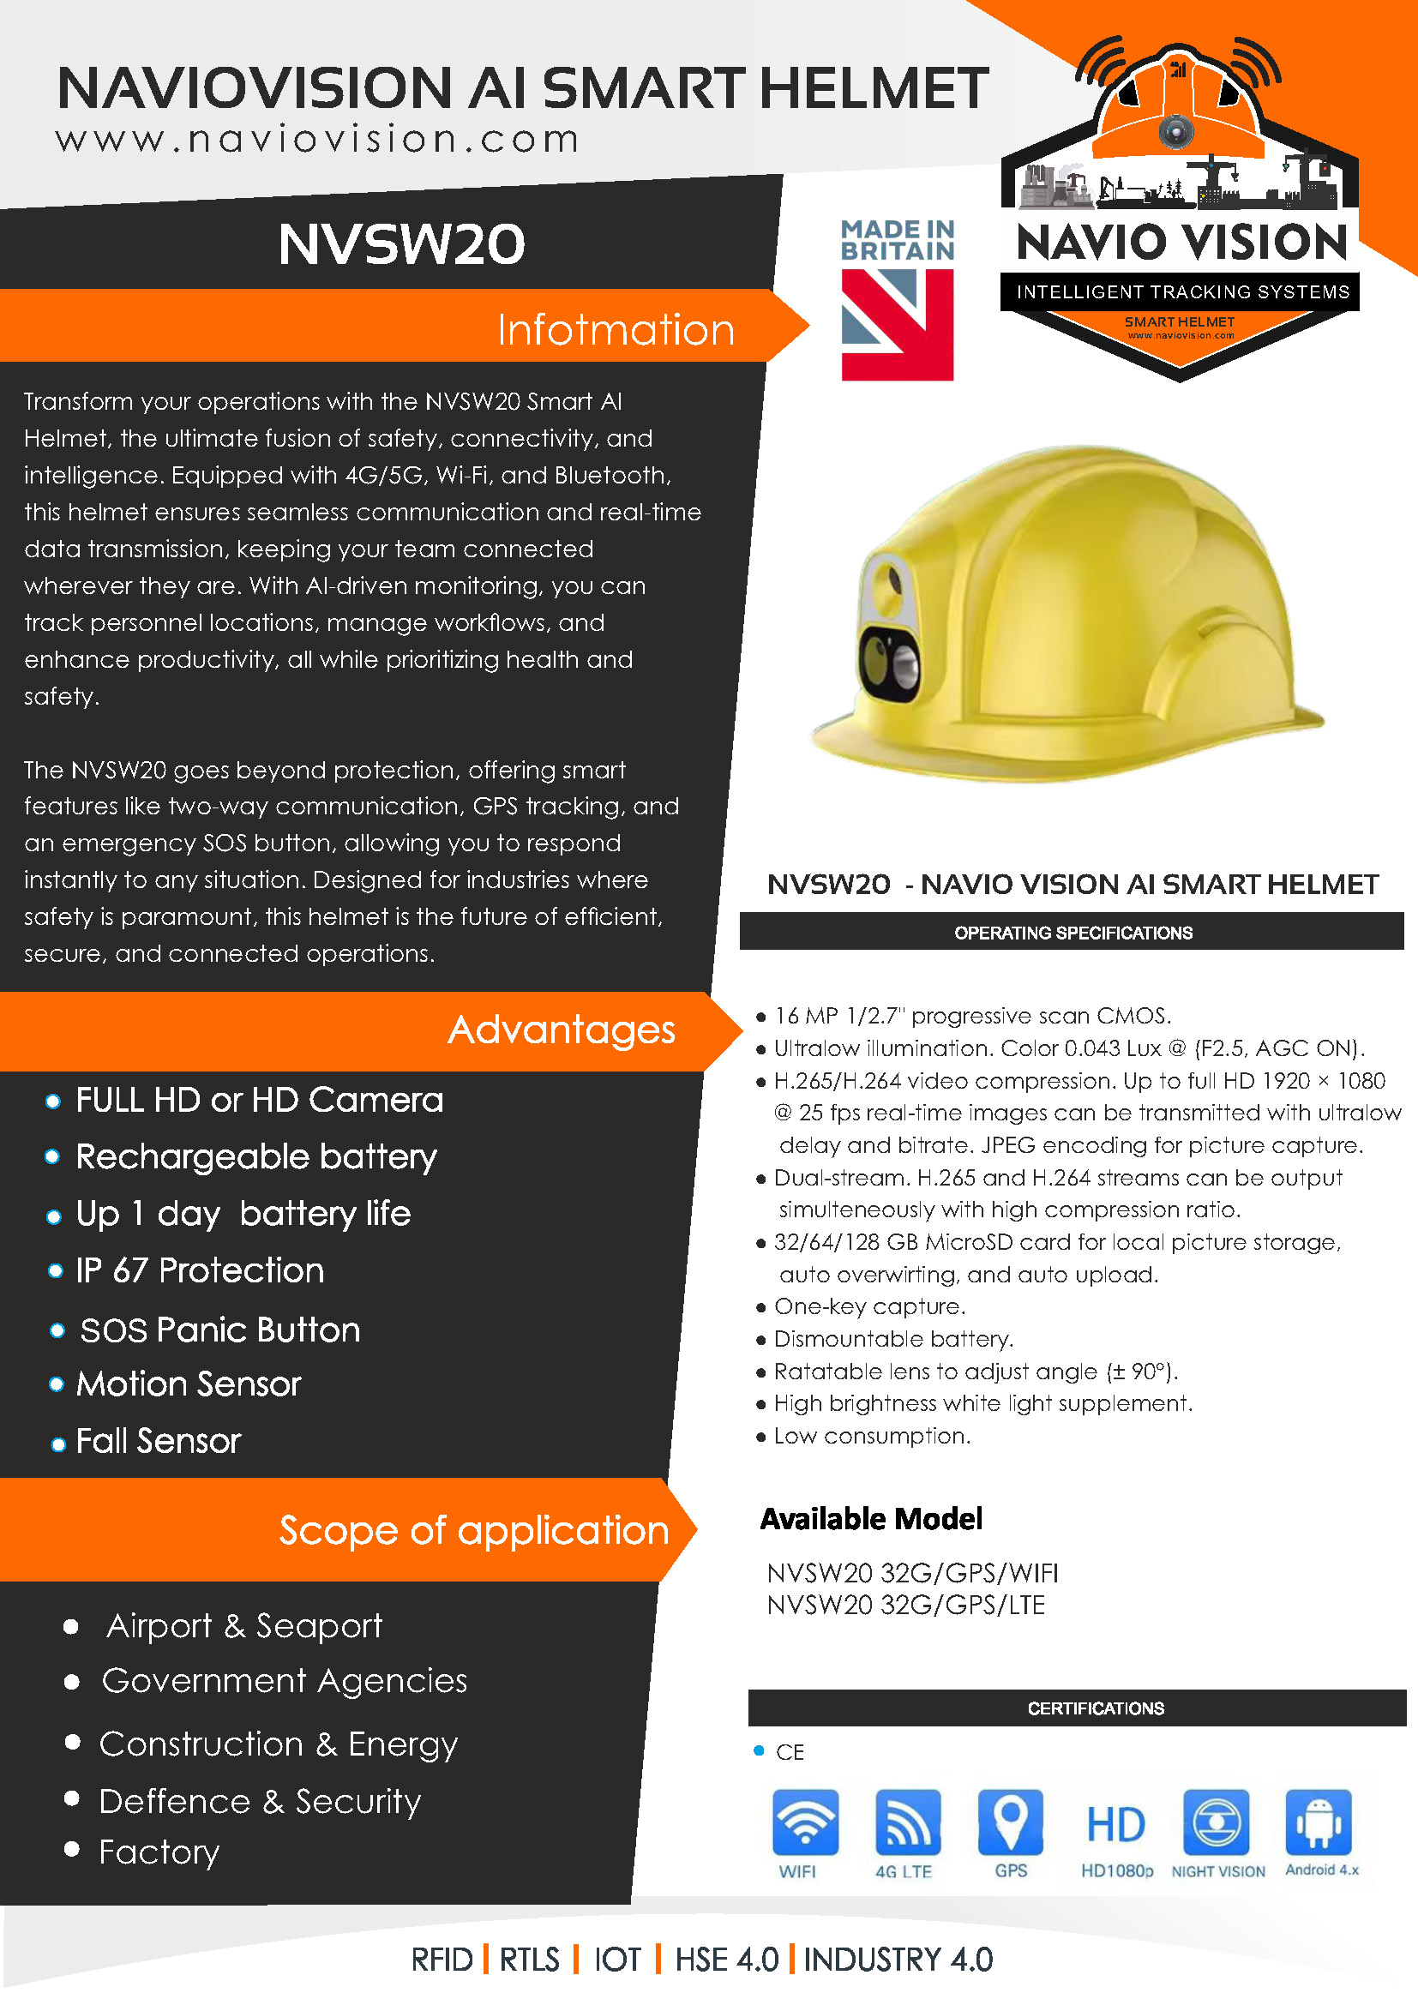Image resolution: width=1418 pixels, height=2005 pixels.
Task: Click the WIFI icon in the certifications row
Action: pos(804,1822)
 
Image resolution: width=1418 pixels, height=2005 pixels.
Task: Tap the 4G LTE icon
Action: pos(907,1822)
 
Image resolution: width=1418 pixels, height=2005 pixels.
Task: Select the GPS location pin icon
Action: pos(1010,1822)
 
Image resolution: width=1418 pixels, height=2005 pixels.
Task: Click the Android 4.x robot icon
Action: pos(1318,1822)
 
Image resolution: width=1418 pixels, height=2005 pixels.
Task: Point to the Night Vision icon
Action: pos(1216,1822)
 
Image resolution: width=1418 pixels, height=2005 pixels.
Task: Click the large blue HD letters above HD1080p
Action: pos(1115,1825)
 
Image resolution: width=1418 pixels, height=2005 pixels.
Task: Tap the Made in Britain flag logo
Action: pos(897,323)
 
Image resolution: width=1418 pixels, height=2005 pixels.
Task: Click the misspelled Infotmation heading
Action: pos(616,330)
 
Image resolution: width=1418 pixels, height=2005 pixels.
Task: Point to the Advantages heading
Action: pos(562,1030)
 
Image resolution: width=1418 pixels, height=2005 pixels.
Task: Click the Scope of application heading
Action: pos(473,1531)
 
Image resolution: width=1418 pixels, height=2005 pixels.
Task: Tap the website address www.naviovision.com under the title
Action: pos(317,140)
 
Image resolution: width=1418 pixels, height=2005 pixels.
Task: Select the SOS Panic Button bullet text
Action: pos(220,1330)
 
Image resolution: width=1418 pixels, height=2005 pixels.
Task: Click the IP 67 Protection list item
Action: pos(200,1270)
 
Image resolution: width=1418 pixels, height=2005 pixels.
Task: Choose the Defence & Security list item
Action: pos(261,1801)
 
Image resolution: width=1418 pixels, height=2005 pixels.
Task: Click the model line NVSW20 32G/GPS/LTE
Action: pos(905,1605)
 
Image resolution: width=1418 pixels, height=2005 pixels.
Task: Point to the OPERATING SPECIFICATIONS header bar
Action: pos(1073,933)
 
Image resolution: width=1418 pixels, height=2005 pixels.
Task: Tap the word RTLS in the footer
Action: pos(529,1960)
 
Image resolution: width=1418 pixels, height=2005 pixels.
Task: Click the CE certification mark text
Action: pos(790,1753)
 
